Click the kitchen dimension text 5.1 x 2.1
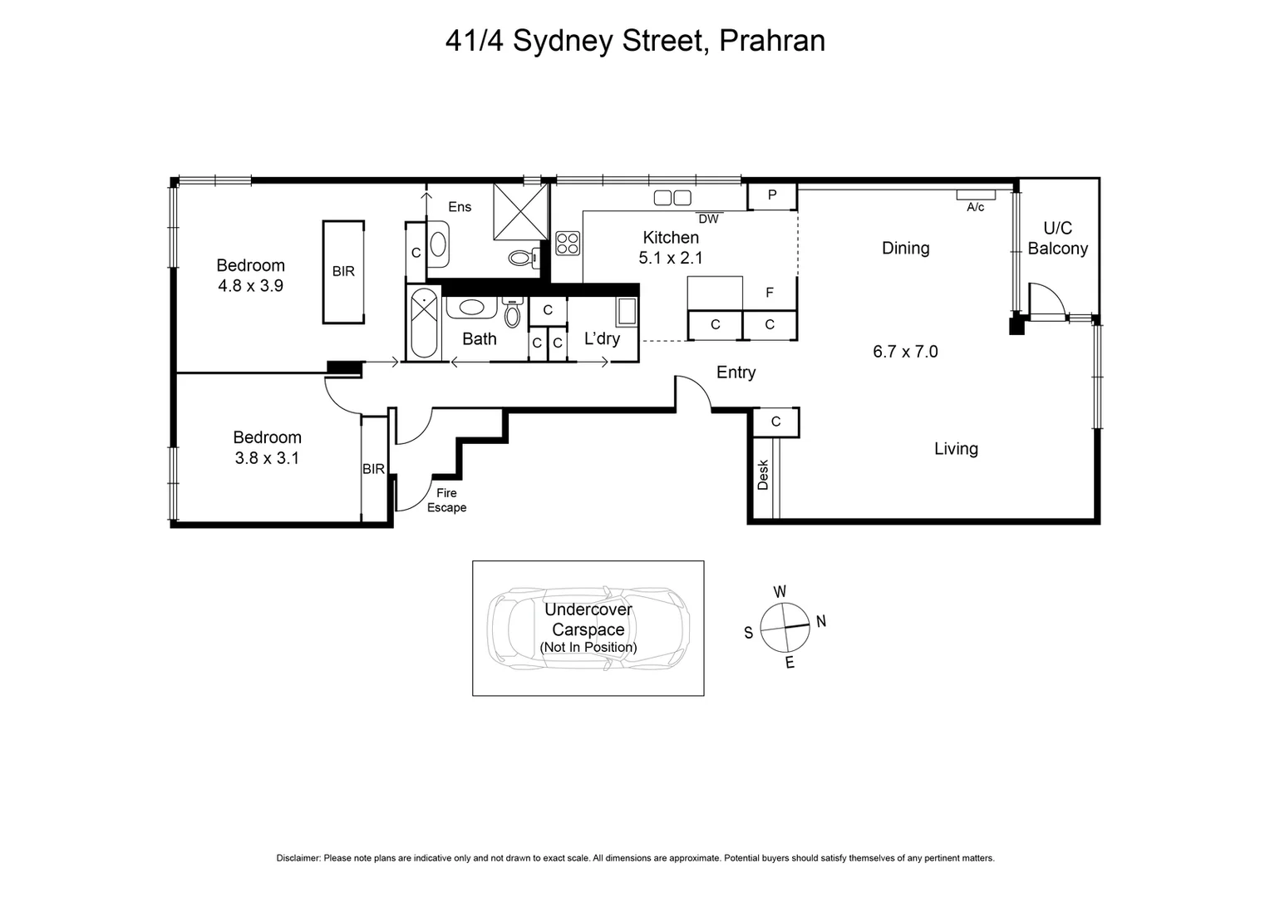(x=670, y=258)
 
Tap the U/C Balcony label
(x=1057, y=238)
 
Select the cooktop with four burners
(x=568, y=244)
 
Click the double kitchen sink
(x=672, y=198)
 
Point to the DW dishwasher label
(x=708, y=220)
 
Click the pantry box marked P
(x=772, y=195)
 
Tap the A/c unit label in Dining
(x=975, y=207)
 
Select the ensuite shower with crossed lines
(x=521, y=210)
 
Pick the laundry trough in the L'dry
(x=626, y=313)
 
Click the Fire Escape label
(x=446, y=500)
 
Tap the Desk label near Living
(x=763, y=475)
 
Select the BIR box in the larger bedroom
(x=343, y=272)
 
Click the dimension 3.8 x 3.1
(x=267, y=457)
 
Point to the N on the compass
(x=820, y=621)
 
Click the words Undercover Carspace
(x=588, y=619)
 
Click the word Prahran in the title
(x=771, y=41)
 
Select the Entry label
(x=736, y=373)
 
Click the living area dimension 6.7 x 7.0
(x=905, y=351)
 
